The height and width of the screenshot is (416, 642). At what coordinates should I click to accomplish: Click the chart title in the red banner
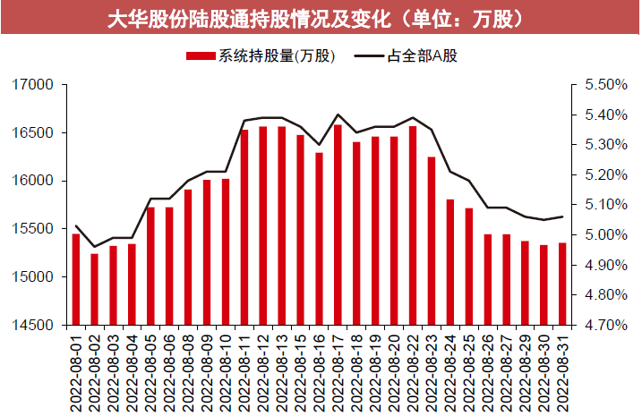point(321,19)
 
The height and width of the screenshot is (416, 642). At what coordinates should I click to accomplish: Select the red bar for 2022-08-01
point(76,278)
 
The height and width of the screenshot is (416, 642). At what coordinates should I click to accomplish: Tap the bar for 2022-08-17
point(338,224)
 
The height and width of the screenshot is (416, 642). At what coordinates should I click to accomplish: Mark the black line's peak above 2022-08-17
point(338,115)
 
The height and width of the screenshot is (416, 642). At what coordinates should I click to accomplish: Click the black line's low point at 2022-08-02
point(95,247)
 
